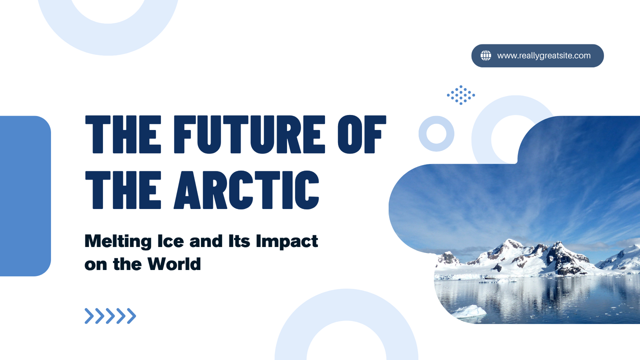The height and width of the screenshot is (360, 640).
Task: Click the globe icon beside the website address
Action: point(485,55)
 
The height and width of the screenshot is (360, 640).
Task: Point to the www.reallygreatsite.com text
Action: point(544,55)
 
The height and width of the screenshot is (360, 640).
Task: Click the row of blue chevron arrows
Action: point(110,315)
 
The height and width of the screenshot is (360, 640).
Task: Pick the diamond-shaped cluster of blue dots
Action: point(461,94)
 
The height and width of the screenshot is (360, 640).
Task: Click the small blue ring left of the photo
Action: point(436,133)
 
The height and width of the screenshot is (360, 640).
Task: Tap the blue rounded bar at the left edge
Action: point(25,196)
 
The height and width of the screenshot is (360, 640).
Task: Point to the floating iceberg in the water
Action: point(468,311)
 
